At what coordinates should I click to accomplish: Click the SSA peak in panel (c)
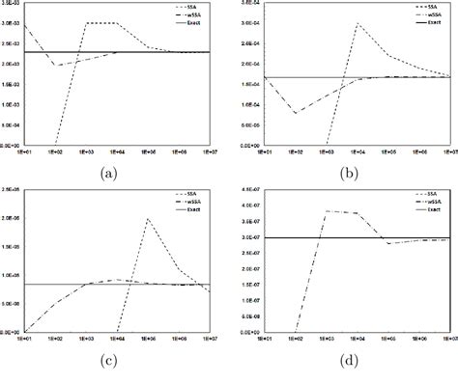(148, 219)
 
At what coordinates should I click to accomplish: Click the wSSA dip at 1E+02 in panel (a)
(55, 66)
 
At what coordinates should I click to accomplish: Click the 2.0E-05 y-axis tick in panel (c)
(12, 219)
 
